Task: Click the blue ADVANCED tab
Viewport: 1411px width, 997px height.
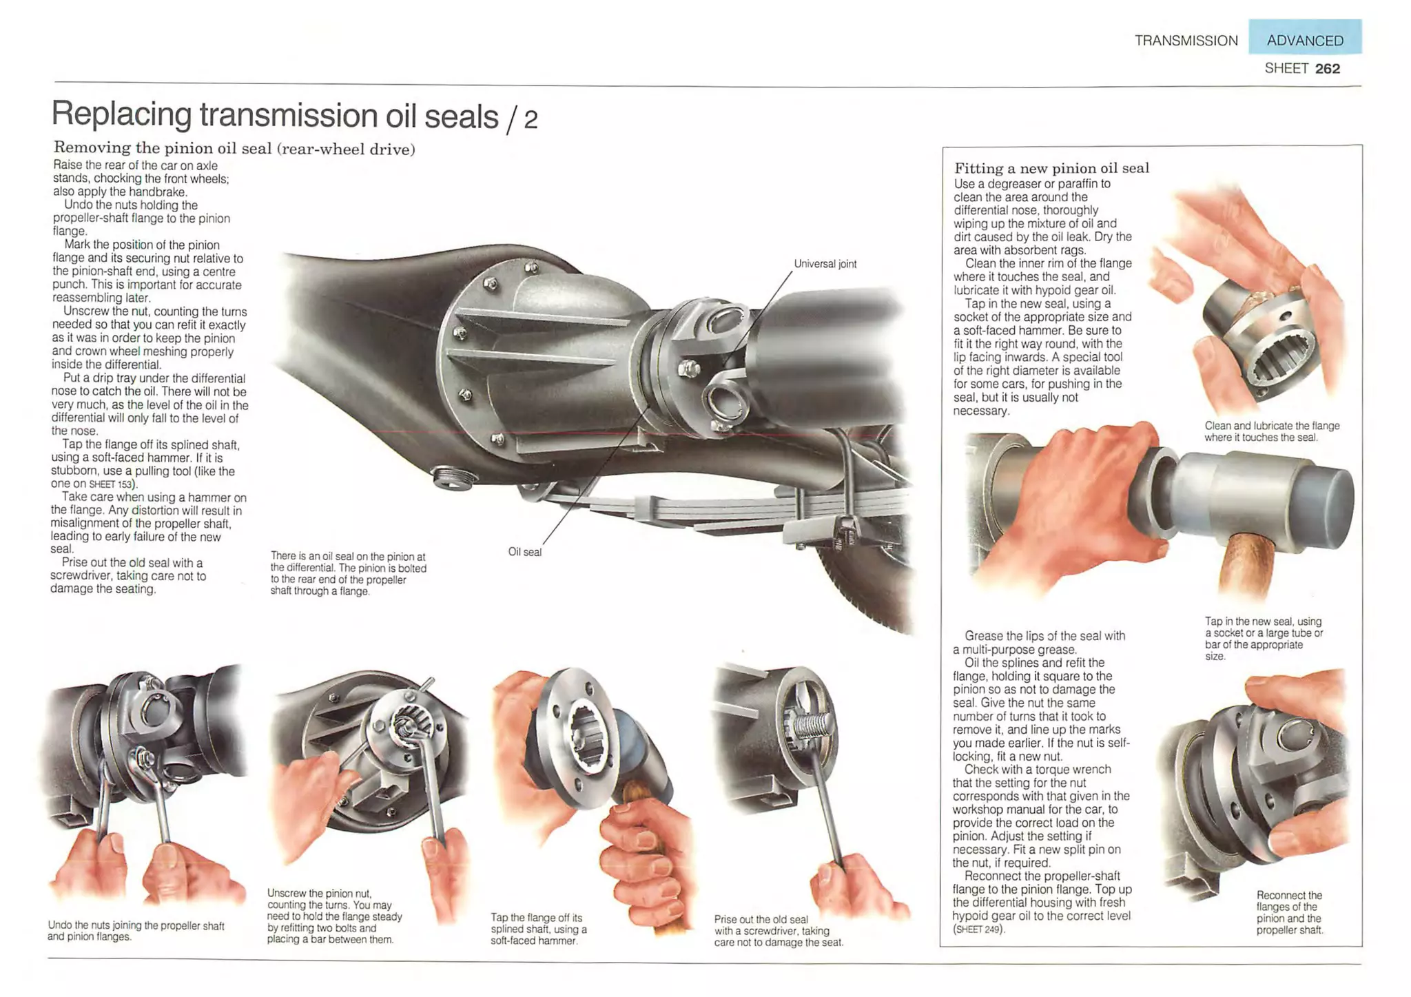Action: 1304,40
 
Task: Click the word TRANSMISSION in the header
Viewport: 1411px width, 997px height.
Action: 1186,41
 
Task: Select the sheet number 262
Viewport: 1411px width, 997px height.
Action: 1327,68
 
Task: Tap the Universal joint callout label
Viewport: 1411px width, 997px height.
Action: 825,264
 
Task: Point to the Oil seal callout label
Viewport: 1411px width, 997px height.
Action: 524,552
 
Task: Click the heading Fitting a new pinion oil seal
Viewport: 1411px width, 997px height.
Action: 1051,168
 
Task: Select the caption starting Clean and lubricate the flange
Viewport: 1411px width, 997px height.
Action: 1271,431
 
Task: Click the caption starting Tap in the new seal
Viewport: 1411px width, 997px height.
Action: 1263,638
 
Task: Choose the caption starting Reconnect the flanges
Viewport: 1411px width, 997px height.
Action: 1289,912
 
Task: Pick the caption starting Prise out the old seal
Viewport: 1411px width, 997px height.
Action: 778,930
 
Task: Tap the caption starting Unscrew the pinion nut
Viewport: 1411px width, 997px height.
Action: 334,916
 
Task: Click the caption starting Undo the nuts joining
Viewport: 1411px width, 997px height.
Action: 136,931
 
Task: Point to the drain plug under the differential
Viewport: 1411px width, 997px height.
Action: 451,477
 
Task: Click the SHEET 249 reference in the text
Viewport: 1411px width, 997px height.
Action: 978,929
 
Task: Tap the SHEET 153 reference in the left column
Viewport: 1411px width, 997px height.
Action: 112,484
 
